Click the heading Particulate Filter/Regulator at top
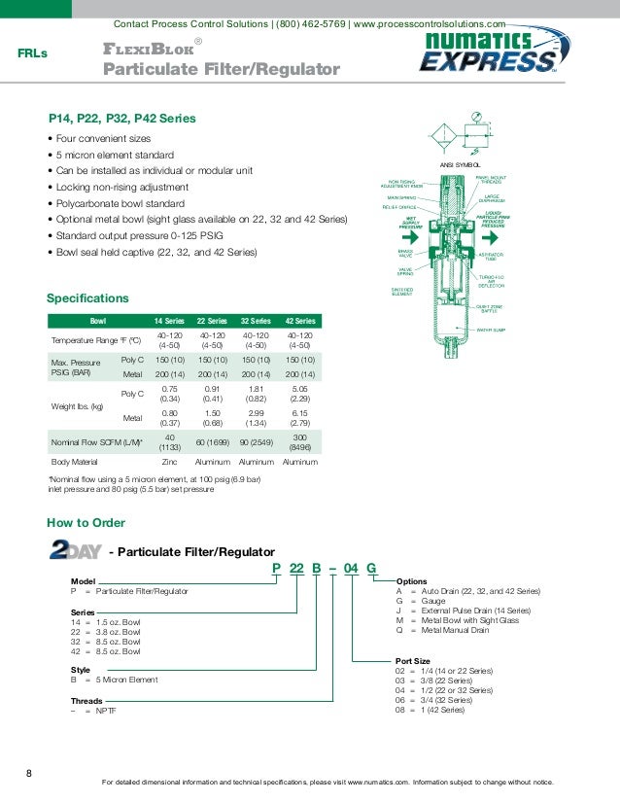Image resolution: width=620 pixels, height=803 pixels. (222, 70)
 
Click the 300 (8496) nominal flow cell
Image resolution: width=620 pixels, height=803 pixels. (300, 442)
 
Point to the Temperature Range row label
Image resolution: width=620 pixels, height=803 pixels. (96, 340)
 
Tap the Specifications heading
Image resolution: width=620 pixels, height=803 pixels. (87, 297)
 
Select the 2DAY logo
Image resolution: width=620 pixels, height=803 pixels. (75, 551)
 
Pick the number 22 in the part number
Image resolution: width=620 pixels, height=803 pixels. (297, 568)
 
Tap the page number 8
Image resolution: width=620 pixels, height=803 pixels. (28, 774)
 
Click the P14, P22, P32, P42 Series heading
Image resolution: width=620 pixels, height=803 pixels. (122, 119)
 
